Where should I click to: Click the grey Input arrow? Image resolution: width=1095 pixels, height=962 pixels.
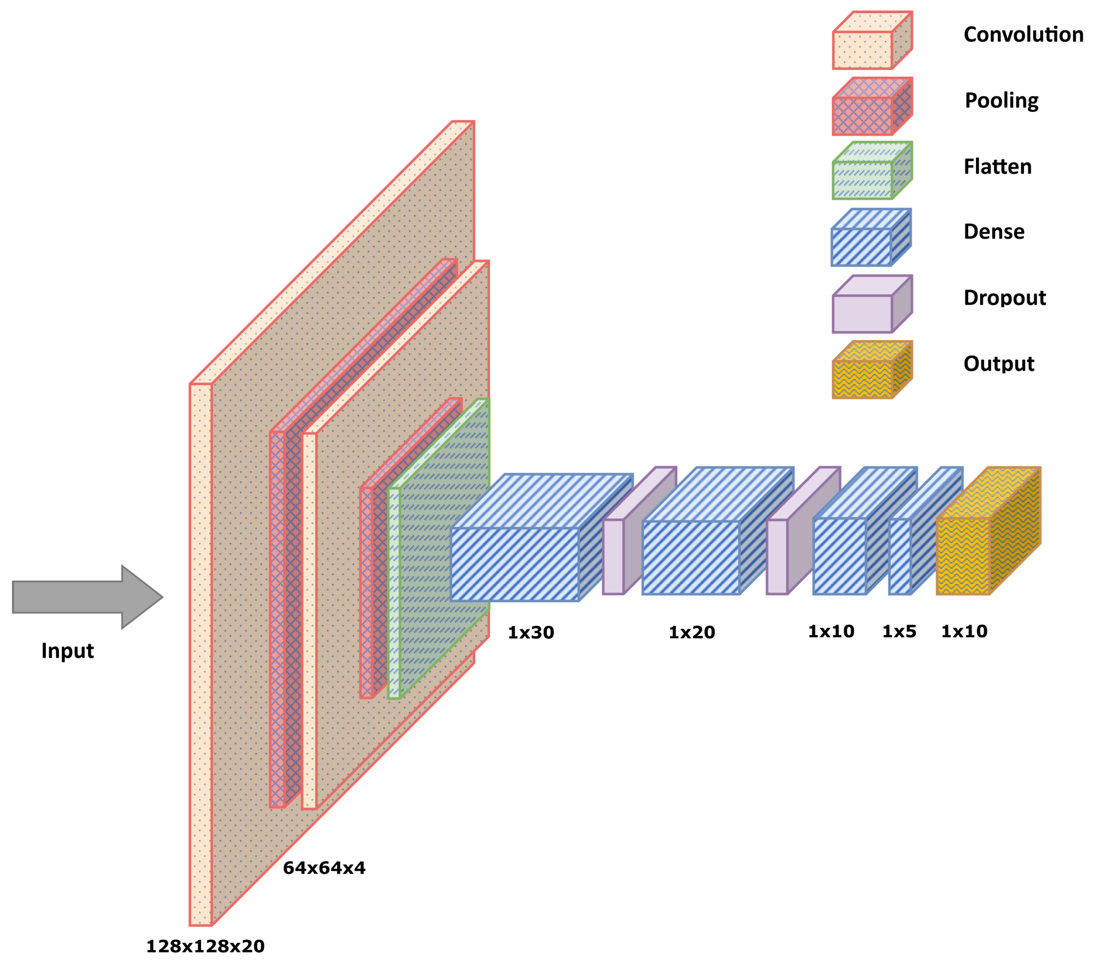click(80, 597)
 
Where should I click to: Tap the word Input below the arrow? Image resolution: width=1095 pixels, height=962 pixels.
click(68, 651)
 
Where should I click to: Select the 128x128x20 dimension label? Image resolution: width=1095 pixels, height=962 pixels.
click(205, 946)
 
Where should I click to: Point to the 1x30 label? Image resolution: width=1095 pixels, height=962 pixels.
click(530, 632)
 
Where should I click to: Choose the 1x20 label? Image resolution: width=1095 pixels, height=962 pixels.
click(692, 632)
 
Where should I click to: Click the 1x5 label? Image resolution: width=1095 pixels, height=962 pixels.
click(899, 631)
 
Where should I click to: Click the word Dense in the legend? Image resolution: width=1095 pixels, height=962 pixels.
click(994, 231)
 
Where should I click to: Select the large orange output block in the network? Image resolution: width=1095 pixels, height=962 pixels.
click(963, 556)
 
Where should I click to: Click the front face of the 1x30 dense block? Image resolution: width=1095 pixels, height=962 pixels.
click(514, 564)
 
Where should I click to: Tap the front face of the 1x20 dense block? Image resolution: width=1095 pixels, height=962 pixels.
click(691, 557)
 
